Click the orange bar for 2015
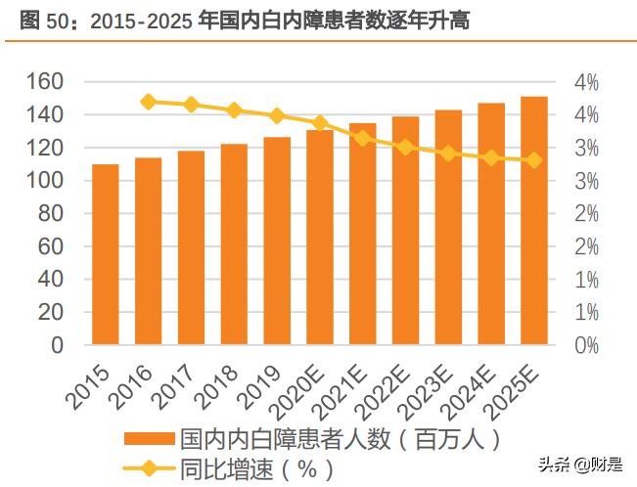point(105,254)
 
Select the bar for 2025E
point(533,220)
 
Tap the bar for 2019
point(277,241)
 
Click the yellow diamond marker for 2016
point(149,101)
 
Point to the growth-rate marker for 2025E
point(533,159)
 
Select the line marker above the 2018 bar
point(234,110)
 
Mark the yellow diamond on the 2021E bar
point(362,138)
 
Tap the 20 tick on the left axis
point(53,313)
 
